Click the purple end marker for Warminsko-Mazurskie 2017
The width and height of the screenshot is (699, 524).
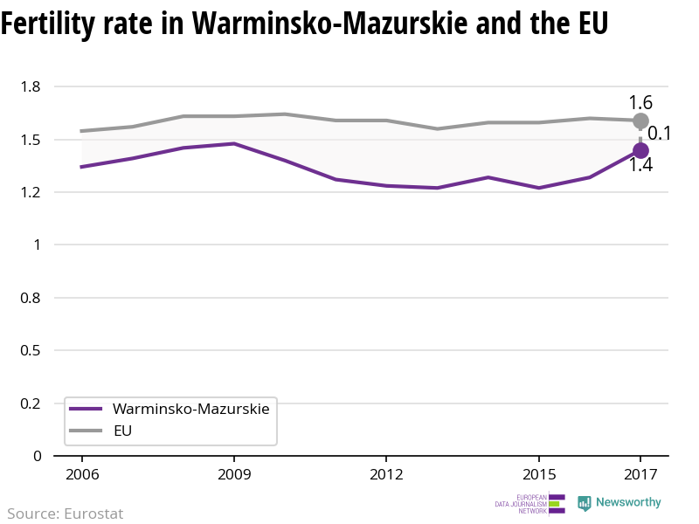tap(640, 150)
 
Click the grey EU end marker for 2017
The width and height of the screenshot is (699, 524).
tap(640, 121)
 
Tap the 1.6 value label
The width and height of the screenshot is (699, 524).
tap(640, 103)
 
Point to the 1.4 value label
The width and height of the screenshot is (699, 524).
tap(640, 165)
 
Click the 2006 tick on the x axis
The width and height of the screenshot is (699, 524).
tap(81, 474)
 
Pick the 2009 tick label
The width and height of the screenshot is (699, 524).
tap(234, 474)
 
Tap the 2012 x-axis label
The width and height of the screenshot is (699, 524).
tap(386, 474)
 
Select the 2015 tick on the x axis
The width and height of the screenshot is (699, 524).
tap(538, 474)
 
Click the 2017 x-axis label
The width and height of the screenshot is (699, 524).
tap(640, 474)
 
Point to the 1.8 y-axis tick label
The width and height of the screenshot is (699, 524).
tap(31, 86)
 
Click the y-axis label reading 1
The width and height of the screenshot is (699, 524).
tap(37, 245)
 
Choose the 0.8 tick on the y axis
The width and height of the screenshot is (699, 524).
tap(31, 298)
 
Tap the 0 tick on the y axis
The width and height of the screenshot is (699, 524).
tap(37, 456)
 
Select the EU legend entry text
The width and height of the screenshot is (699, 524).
tap(122, 431)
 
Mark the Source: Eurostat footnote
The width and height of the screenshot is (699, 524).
tap(66, 514)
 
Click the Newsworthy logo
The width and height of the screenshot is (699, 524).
tap(619, 503)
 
